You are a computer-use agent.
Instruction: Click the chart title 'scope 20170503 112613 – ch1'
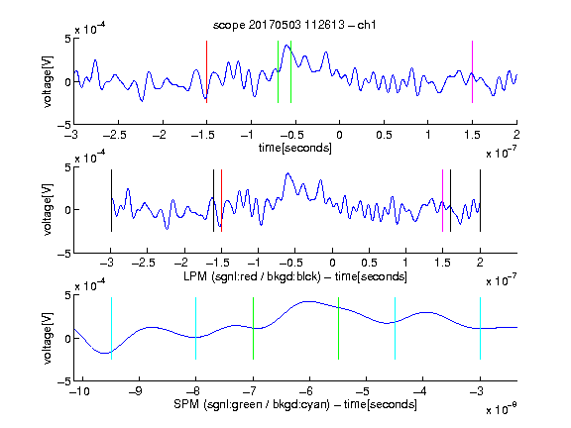[294, 25]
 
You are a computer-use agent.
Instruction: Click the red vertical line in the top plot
[206, 71]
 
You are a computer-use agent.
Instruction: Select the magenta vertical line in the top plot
[472, 71]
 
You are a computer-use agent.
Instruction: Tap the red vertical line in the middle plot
[221, 200]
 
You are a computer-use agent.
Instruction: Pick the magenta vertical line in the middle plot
[442, 200]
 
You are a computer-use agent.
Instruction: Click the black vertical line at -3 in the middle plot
[111, 200]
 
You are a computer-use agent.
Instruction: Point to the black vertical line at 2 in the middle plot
[480, 200]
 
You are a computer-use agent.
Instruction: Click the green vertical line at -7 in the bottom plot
[253, 328]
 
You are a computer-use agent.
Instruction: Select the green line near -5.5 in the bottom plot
[338, 328]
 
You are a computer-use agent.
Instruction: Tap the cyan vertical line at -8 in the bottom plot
[196, 328]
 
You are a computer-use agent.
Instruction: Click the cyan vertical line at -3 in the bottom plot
[480, 328]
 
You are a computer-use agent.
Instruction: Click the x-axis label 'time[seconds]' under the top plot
[295, 149]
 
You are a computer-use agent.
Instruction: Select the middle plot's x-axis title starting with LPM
[295, 276]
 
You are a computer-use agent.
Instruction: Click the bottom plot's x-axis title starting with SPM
[295, 404]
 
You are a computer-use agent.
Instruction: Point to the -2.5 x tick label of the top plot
[115, 135]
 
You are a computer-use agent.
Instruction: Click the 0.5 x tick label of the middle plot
[369, 263]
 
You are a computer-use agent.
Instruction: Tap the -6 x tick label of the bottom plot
[306, 391]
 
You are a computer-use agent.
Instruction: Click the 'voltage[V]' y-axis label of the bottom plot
[48, 339]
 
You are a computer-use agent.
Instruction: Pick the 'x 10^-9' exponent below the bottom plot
[502, 408]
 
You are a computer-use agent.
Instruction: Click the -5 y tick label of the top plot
[64, 125]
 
